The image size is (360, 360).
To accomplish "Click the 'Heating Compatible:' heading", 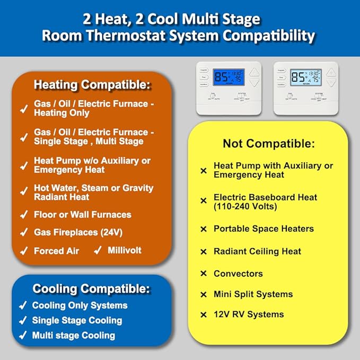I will point(92,84).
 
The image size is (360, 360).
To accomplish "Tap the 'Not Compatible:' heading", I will point(269,144).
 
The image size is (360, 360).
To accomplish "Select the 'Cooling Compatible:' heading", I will point(92,289).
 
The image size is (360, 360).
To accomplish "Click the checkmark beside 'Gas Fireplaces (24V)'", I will point(23,233).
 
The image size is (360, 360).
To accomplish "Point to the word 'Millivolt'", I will point(125,250).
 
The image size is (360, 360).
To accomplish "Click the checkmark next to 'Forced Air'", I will point(23,251).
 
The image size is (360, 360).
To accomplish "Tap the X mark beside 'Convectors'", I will point(203,274).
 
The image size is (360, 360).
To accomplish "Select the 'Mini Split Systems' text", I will point(253,294).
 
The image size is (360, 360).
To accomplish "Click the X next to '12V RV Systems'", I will point(203,315).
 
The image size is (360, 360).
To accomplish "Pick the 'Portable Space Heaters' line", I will point(264,229).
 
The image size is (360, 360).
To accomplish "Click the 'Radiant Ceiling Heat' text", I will point(257,252).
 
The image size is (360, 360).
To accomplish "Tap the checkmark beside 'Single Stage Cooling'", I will point(23,321).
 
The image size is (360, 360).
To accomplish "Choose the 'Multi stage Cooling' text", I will point(73,335).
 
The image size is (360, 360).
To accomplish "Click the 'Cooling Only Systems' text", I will point(80,305).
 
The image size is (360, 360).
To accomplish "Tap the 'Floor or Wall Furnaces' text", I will point(82,215).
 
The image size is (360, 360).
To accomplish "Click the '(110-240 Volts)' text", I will point(245,207).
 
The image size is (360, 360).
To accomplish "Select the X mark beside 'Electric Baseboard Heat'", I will point(203,201).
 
